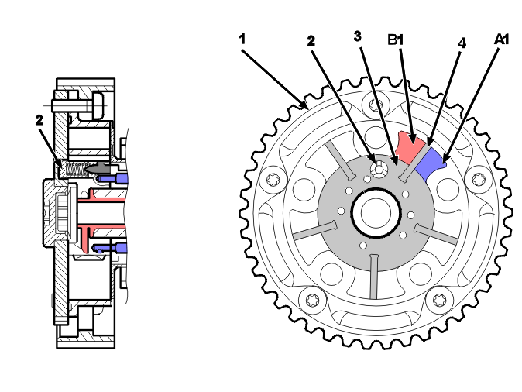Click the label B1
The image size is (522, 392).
tap(396, 40)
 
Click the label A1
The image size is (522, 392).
tap(501, 40)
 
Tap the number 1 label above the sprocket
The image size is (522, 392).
tap(242, 40)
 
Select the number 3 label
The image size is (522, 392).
tap(357, 36)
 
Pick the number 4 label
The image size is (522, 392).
tap(462, 43)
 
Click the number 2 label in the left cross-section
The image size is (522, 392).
tap(39, 120)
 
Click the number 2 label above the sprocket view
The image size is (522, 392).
tap(311, 40)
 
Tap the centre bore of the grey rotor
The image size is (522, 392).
tap(376, 213)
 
